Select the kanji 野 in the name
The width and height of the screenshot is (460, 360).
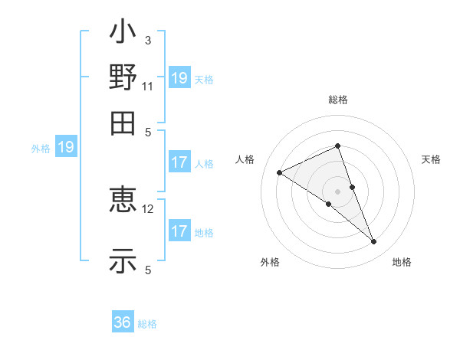pos(123,77)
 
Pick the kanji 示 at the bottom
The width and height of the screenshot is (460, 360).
pos(123,260)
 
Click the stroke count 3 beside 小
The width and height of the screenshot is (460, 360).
pos(148,41)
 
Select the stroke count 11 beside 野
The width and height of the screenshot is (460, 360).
pos(148,86)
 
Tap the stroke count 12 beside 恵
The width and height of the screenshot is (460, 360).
pos(149,208)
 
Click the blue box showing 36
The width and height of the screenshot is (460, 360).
pos(123,322)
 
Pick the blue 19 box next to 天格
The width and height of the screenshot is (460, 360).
pos(179,78)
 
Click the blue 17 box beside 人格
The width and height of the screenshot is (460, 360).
pos(179,162)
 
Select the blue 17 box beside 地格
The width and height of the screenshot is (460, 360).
pos(179,231)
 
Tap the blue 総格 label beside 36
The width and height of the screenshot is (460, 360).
pos(147,324)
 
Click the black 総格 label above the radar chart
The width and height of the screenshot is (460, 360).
pos(338,100)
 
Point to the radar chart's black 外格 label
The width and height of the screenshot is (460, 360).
pos(270,262)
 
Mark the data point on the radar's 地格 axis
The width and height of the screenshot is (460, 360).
pos(374,242)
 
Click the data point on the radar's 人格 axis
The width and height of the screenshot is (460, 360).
pos(280,173)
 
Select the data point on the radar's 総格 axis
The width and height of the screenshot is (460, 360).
pos(338,146)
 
